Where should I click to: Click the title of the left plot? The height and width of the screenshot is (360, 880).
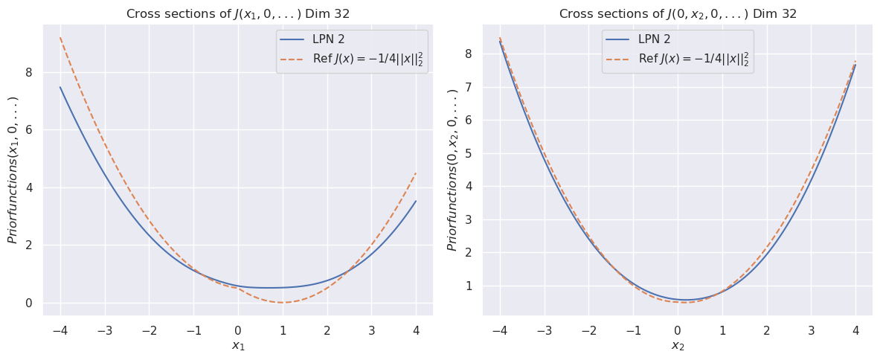[238, 14]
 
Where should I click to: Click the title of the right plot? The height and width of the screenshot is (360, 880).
[678, 14]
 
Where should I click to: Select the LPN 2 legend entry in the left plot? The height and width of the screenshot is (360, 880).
[327, 39]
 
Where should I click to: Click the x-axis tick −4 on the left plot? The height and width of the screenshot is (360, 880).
[60, 330]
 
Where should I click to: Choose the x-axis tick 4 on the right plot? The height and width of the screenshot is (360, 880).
[855, 330]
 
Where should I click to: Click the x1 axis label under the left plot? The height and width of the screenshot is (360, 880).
[238, 346]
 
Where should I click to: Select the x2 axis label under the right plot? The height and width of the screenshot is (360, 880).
[678, 346]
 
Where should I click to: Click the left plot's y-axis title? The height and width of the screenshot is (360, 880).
[13, 170]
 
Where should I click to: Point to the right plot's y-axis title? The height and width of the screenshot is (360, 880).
[452, 170]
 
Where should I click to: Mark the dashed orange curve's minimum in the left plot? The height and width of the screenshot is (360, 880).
[282, 303]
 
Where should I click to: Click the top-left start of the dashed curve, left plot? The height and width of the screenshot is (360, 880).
[60, 37]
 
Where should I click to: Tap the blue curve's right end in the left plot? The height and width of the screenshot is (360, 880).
[416, 201]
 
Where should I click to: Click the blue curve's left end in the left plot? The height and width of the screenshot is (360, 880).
[60, 87]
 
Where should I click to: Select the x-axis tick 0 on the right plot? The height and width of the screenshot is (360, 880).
[678, 330]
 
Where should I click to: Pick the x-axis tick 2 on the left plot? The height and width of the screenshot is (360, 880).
[327, 330]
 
